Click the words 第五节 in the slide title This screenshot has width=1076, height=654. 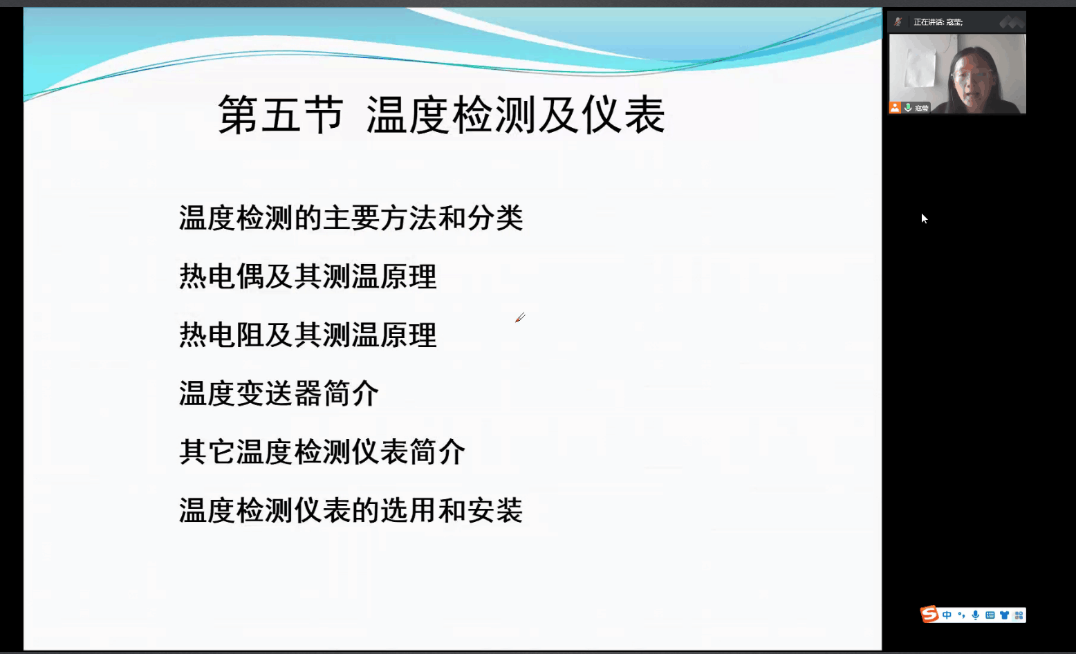[x=281, y=114]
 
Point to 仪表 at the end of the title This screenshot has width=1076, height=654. [x=624, y=114]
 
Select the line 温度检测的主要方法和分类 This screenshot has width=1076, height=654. [x=351, y=218]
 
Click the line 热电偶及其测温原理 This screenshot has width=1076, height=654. [x=308, y=277]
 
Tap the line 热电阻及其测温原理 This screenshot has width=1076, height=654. [x=308, y=335]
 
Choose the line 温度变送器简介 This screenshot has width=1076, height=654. [x=279, y=393]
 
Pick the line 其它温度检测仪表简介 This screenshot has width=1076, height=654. [x=322, y=452]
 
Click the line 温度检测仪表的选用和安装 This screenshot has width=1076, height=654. [x=351, y=510]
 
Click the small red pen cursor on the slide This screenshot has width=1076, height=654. [x=520, y=317]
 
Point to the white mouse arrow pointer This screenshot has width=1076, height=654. [x=924, y=218]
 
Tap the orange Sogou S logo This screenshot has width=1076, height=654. [x=929, y=614]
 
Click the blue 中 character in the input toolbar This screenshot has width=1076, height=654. [x=947, y=615]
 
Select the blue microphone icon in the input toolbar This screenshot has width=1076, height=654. [x=975, y=615]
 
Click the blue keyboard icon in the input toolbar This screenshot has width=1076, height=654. [x=990, y=615]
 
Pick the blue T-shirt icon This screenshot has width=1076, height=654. [x=1004, y=615]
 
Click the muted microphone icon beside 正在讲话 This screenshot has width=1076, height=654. [x=898, y=21]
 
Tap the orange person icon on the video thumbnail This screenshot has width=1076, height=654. [x=894, y=108]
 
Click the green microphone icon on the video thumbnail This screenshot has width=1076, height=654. [x=908, y=108]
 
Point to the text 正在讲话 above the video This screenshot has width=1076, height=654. [x=928, y=22]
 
